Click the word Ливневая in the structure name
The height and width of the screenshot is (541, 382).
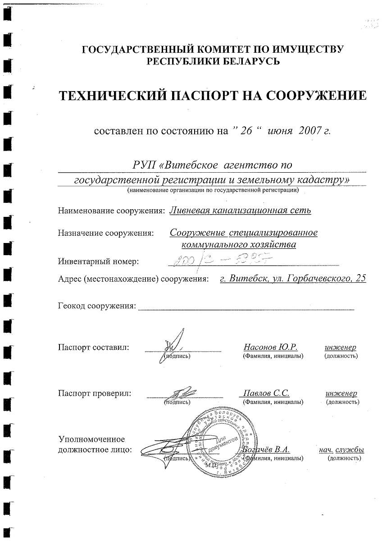(190, 210)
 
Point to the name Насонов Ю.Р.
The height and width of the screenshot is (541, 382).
(270, 347)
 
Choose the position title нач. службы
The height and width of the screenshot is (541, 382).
(341, 449)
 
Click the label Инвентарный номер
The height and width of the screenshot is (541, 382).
(99, 261)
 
